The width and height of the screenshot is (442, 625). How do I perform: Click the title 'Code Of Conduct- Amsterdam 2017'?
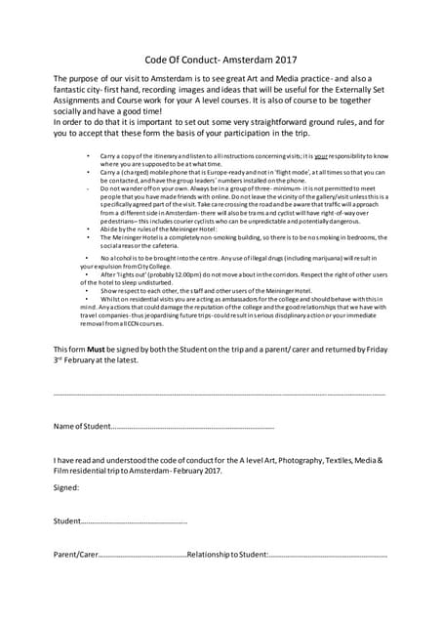pos(221,59)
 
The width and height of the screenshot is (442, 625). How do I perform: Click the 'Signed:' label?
pos(66,487)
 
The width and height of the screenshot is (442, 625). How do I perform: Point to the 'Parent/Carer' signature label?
pos(76,555)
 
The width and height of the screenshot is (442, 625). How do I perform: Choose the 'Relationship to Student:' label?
pos(226,555)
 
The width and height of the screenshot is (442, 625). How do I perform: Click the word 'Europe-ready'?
pos(221,172)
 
